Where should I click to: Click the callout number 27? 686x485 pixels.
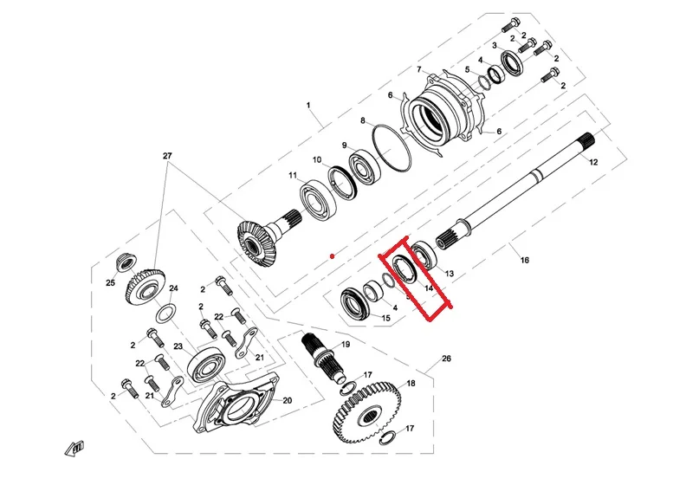pos(167,156)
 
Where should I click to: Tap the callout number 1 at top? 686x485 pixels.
pos(307,105)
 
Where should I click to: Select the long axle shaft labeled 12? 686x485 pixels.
pos(520,190)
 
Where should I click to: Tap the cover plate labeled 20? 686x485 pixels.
pos(238,408)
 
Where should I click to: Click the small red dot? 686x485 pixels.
pos(332,256)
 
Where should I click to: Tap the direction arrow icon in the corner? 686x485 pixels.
pos(77,448)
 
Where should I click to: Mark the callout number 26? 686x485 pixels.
pos(446,358)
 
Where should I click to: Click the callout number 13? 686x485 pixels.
pos(449,274)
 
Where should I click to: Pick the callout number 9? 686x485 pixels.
pos(344,145)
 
